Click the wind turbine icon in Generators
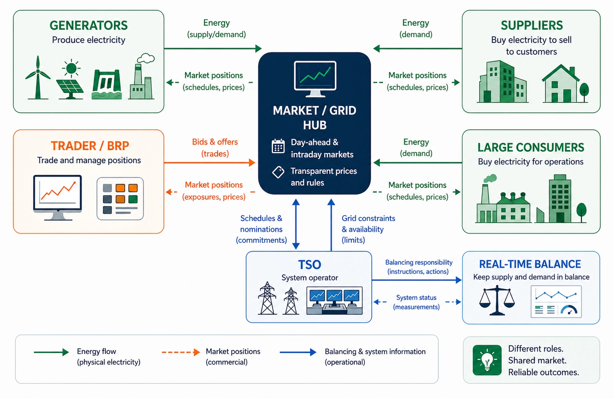pyautogui.click(x=38, y=78)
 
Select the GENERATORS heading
pyautogui.click(x=88, y=26)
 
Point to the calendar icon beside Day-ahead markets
pyautogui.click(x=278, y=146)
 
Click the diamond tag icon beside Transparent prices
pyautogui.click(x=278, y=172)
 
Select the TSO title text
pyautogui.click(x=309, y=264)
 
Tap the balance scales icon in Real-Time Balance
pyautogui.click(x=496, y=301)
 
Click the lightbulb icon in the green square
pyautogui.click(x=487, y=360)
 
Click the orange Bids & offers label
pyautogui.click(x=215, y=147)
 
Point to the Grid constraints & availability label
pyautogui.click(x=368, y=229)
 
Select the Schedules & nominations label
pyautogui.click(x=261, y=229)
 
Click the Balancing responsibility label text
pyautogui.click(x=418, y=267)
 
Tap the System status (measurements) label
pyautogui.click(x=416, y=302)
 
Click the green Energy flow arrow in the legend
pyautogui.click(x=51, y=352)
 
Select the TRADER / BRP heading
pyautogui.click(x=90, y=146)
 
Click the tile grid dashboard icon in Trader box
pyautogui.click(x=120, y=199)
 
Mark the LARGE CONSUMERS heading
pyautogui.click(x=530, y=147)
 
